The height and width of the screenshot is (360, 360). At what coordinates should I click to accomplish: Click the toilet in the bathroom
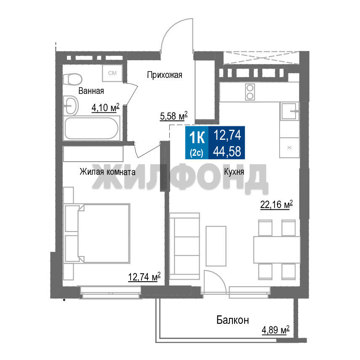coord(72,79)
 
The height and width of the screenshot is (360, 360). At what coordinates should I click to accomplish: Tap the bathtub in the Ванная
coord(92,128)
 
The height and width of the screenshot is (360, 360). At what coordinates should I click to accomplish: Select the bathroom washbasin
coord(71,106)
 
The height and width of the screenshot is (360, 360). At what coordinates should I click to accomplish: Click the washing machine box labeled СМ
coord(112,73)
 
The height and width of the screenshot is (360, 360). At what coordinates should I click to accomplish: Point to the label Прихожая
coord(165,75)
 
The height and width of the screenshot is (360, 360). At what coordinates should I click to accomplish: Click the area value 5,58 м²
coord(174,116)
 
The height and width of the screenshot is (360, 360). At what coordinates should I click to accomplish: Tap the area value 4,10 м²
coord(105,107)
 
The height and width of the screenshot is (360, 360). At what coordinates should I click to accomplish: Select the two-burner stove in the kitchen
coord(250,92)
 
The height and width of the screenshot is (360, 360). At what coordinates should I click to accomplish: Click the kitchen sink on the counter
coord(290,111)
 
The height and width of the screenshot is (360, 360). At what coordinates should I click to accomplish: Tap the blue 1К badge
coord(197,143)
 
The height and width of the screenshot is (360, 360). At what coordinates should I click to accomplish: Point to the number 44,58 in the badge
coord(227,151)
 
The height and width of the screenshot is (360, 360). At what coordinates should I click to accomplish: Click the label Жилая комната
coord(107,172)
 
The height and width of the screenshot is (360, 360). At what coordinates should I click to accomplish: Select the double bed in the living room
coord(97,233)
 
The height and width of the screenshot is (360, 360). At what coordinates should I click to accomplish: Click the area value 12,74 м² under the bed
coord(144,277)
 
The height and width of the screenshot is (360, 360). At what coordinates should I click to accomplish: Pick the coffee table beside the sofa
coord(216,246)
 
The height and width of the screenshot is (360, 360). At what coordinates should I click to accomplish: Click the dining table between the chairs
coord(277,250)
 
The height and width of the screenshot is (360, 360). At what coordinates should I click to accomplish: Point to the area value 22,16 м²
coord(277,204)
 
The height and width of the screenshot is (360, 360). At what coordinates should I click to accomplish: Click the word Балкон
coord(232,320)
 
